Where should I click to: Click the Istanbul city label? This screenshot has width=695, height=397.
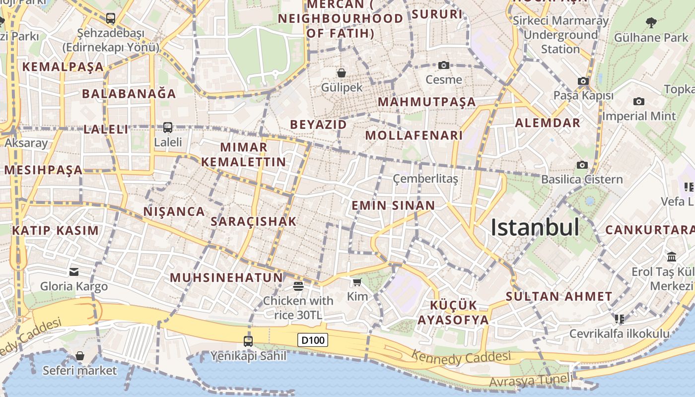coord(535,227)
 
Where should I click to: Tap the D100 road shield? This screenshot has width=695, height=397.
coord(313,340)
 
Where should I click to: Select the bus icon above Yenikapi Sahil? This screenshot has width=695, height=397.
coord(248,341)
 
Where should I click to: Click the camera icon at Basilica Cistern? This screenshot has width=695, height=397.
coord(582,165)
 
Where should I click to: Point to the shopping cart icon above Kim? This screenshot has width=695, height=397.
coord(357,282)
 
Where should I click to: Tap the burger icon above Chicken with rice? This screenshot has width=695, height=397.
coord(298,286)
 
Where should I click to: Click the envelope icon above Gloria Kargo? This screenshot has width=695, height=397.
coord(74,271)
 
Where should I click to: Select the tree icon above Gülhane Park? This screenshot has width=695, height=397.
coord(651,22)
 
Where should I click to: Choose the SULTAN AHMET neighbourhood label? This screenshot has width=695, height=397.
coord(559,297)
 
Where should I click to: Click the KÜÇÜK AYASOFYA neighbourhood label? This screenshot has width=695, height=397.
coord(453,312)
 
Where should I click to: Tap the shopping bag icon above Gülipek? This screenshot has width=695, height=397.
coord(342,73)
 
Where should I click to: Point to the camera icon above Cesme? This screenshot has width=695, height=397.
coord(444,65)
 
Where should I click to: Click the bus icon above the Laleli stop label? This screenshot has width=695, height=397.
coord(168,127)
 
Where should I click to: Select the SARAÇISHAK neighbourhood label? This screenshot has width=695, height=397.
coord(254,222)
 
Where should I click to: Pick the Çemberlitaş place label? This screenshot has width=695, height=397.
coord(425,179)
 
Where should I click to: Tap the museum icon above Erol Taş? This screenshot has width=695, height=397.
coord(672,257)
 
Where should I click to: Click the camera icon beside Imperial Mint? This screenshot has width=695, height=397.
coord(639,102)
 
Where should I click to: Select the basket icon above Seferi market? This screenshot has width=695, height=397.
coord(79,356)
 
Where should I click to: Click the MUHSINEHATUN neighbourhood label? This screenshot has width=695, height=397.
coord(226,277)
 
